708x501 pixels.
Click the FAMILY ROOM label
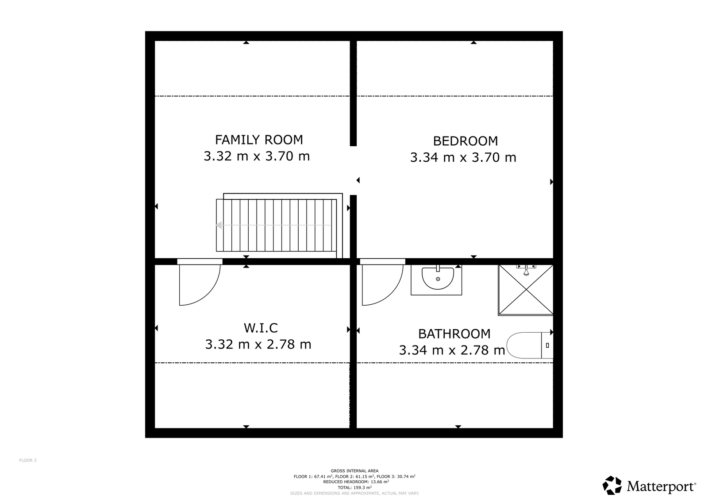point(259,140)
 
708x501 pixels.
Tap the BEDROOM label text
point(465,141)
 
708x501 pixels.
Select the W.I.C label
point(261,328)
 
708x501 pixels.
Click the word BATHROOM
point(454,334)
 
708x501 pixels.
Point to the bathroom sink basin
point(438,279)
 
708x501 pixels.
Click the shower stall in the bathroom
point(526,290)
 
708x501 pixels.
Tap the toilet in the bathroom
point(530,345)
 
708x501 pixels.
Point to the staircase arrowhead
point(219,225)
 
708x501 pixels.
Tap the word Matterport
point(661,486)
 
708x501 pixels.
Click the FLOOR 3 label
point(28,460)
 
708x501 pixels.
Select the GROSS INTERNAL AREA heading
point(354,471)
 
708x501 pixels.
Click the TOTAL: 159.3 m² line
point(354,488)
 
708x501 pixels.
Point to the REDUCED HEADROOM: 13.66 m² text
point(356,482)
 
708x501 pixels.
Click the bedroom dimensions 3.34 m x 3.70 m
point(463,158)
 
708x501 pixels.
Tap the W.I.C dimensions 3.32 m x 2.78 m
point(258,344)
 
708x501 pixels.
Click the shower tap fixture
point(526,270)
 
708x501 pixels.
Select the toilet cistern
point(547,345)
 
